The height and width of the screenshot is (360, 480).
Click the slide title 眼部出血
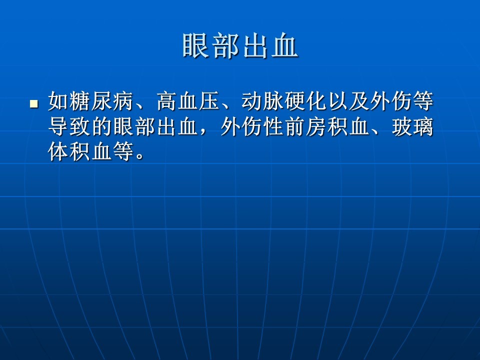pos(240,45)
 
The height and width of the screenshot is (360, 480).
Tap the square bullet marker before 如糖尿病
pos(34,104)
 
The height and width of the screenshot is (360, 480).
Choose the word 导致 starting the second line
pos(69,126)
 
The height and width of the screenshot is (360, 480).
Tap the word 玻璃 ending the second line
pos(412,126)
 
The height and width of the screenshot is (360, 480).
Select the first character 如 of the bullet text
pos(58,101)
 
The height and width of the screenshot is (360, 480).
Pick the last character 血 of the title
pos(284,45)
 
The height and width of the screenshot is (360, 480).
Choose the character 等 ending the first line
pos(423,101)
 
